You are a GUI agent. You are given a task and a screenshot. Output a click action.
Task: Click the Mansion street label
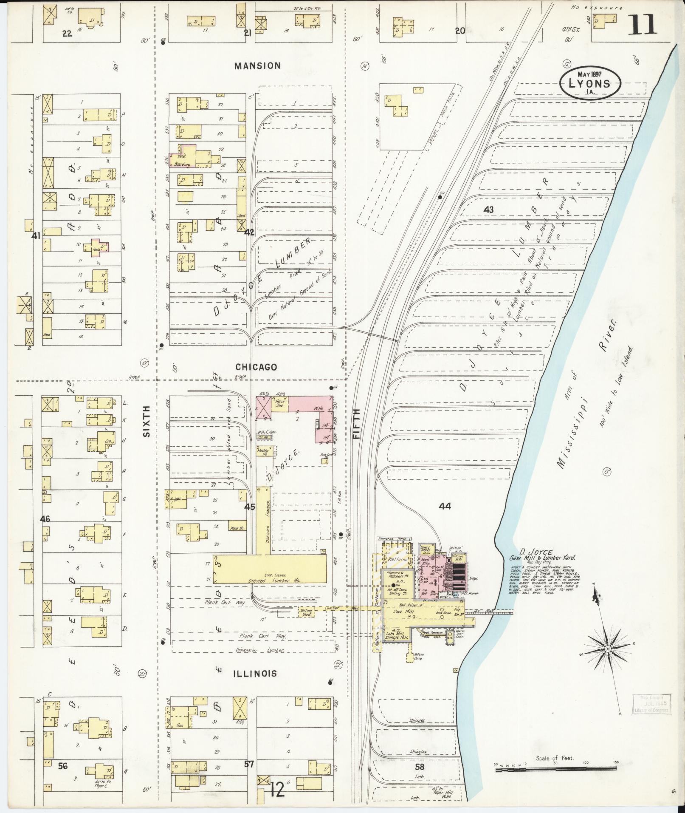pyautogui.click(x=257, y=66)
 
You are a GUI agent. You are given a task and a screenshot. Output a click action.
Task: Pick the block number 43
pyautogui.click(x=488, y=210)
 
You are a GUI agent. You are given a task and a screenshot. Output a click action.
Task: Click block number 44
pyautogui.click(x=445, y=506)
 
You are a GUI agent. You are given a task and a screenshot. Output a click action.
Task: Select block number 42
pyautogui.click(x=249, y=232)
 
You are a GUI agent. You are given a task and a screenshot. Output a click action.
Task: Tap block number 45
pyautogui.click(x=250, y=507)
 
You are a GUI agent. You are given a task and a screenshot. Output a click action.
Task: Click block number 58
pyautogui.click(x=420, y=767)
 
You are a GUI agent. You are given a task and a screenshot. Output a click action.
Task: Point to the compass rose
pyautogui.click(x=608, y=661)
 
